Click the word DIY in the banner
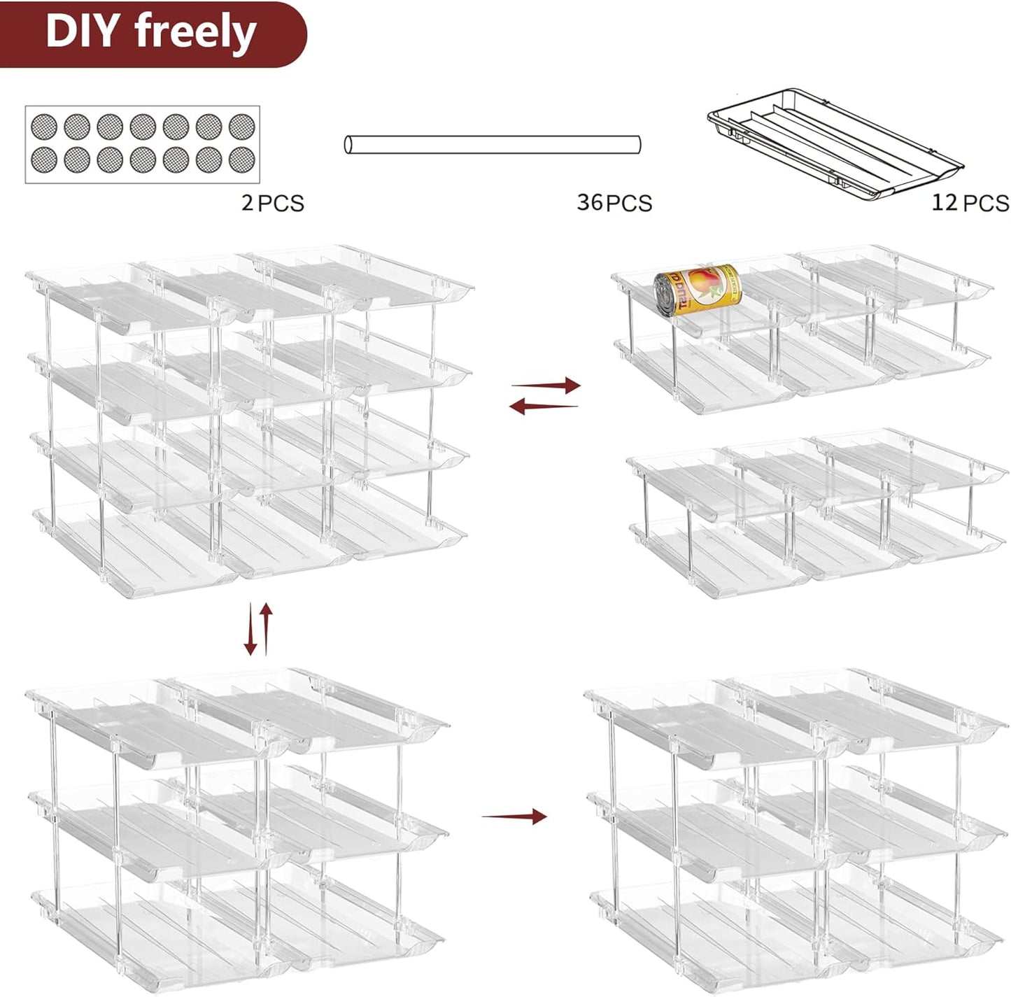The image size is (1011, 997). [85, 31]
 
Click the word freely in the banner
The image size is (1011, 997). [196, 33]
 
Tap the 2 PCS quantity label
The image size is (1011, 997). [272, 203]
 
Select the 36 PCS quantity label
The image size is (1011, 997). [614, 202]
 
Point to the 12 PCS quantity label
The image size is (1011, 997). [970, 203]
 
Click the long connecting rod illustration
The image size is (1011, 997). [493, 145]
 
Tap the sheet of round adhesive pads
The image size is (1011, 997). [143, 144]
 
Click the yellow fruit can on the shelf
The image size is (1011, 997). [697, 290]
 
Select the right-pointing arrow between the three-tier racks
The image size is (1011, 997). [514, 816]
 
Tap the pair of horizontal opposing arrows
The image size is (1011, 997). [544, 395]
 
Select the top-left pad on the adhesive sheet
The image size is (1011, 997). [43, 127]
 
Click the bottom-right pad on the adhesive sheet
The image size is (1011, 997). [242, 160]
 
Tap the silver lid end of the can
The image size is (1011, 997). [665, 296]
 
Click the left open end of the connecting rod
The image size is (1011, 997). [348, 145]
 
